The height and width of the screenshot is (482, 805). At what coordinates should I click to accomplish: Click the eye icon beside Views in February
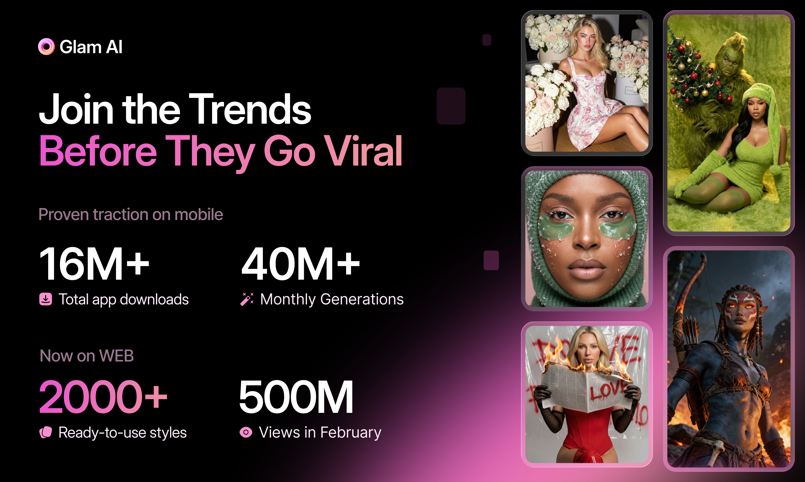click(246, 432)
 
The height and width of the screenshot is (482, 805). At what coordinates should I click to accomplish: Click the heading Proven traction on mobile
click(131, 214)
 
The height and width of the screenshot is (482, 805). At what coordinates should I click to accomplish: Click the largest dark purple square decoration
click(451, 106)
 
